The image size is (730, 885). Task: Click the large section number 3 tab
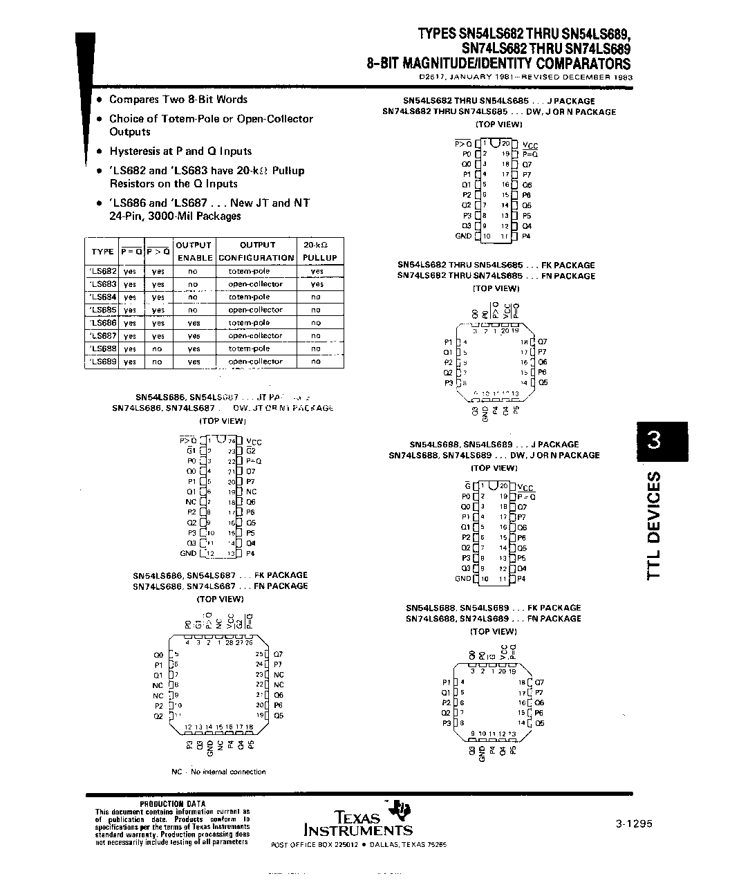[653, 440]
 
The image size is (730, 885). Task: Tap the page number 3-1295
[633, 823]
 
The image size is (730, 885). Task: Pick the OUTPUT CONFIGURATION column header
[256, 251]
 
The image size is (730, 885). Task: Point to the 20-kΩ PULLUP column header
[319, 251]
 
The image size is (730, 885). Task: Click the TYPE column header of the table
[102, 252]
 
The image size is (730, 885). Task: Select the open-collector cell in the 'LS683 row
[256, 284]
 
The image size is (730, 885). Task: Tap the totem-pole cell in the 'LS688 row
[249, 348]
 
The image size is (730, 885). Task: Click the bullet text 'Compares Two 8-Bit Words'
[178, 100]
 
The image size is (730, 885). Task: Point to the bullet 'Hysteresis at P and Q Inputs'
[180, 151]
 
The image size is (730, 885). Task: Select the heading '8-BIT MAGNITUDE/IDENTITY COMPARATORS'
[498, 64]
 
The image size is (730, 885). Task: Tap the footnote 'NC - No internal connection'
[218, 772]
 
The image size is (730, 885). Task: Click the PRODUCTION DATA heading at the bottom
[172, 804]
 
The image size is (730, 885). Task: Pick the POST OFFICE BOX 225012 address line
[359, 845]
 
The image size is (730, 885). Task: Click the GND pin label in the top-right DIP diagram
[463, 236]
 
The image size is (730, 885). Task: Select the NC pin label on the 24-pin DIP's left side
[191, 502]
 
